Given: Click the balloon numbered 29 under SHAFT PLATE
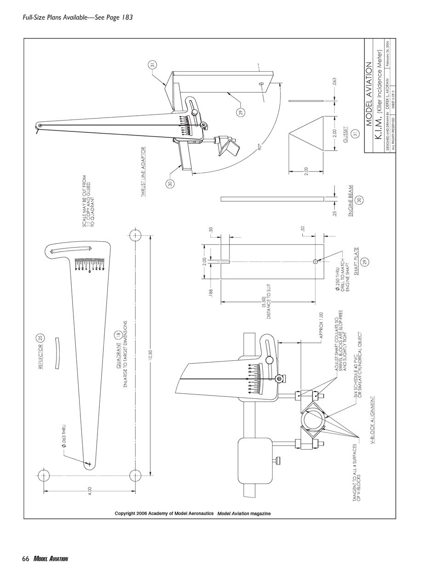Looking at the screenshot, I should tap(366, 261).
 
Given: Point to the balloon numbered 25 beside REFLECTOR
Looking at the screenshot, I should tap(40, 338).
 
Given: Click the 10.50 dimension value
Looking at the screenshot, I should tap(150, 355).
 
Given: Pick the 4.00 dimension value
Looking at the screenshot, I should tap(90, 490).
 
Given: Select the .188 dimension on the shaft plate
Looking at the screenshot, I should tap(210, 294).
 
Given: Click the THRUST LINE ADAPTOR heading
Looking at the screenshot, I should tap(143, 172).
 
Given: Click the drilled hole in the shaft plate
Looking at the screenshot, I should tap(315, 261).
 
